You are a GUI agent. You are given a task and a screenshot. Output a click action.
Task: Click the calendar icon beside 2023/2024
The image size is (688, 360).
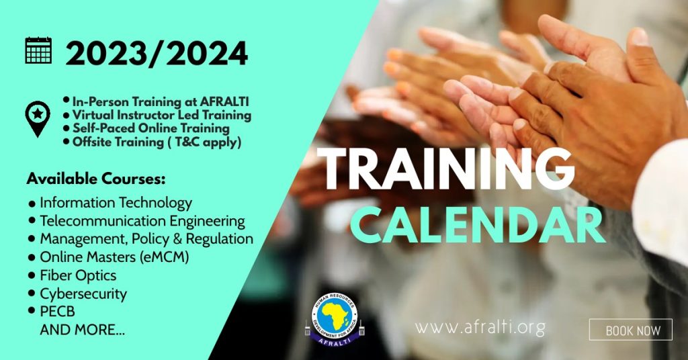tap(38, 50)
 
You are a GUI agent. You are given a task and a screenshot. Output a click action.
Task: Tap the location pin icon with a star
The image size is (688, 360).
tap(38, 119)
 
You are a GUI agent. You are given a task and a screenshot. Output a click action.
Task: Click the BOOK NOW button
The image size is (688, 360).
tap(630, 330)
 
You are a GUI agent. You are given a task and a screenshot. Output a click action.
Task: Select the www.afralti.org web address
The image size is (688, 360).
tap(480, 328)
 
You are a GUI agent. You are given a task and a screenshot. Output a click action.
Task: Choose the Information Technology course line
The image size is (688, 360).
tap(116, 203)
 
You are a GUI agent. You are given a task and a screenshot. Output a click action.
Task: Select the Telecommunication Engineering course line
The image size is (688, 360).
tap(142, 221)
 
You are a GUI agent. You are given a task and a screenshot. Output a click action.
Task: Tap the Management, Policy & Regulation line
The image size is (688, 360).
tap(146, 239)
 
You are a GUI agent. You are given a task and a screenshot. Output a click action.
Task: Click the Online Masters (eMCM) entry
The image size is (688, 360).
tap(114, 257)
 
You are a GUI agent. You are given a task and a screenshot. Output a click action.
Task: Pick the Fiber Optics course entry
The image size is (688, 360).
tap(78, 275)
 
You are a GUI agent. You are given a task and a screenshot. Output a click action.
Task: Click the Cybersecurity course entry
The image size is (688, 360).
tap(83, 294)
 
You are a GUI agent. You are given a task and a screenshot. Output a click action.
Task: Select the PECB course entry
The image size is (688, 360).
tap(58, 312)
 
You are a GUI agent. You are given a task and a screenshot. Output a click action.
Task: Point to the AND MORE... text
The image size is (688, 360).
tap(83, 330)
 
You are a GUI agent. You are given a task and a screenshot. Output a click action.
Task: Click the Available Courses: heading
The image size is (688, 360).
tap(96, 179)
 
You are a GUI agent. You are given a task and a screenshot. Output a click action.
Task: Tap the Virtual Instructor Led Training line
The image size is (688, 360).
tap(162, 116)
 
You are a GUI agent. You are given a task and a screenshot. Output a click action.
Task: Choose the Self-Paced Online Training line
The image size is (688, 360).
tap(151, 128)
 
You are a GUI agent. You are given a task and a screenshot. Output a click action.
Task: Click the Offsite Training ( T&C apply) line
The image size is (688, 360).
tap(157, 142)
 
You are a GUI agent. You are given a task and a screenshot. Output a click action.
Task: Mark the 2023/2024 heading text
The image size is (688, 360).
tap(157, 54)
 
